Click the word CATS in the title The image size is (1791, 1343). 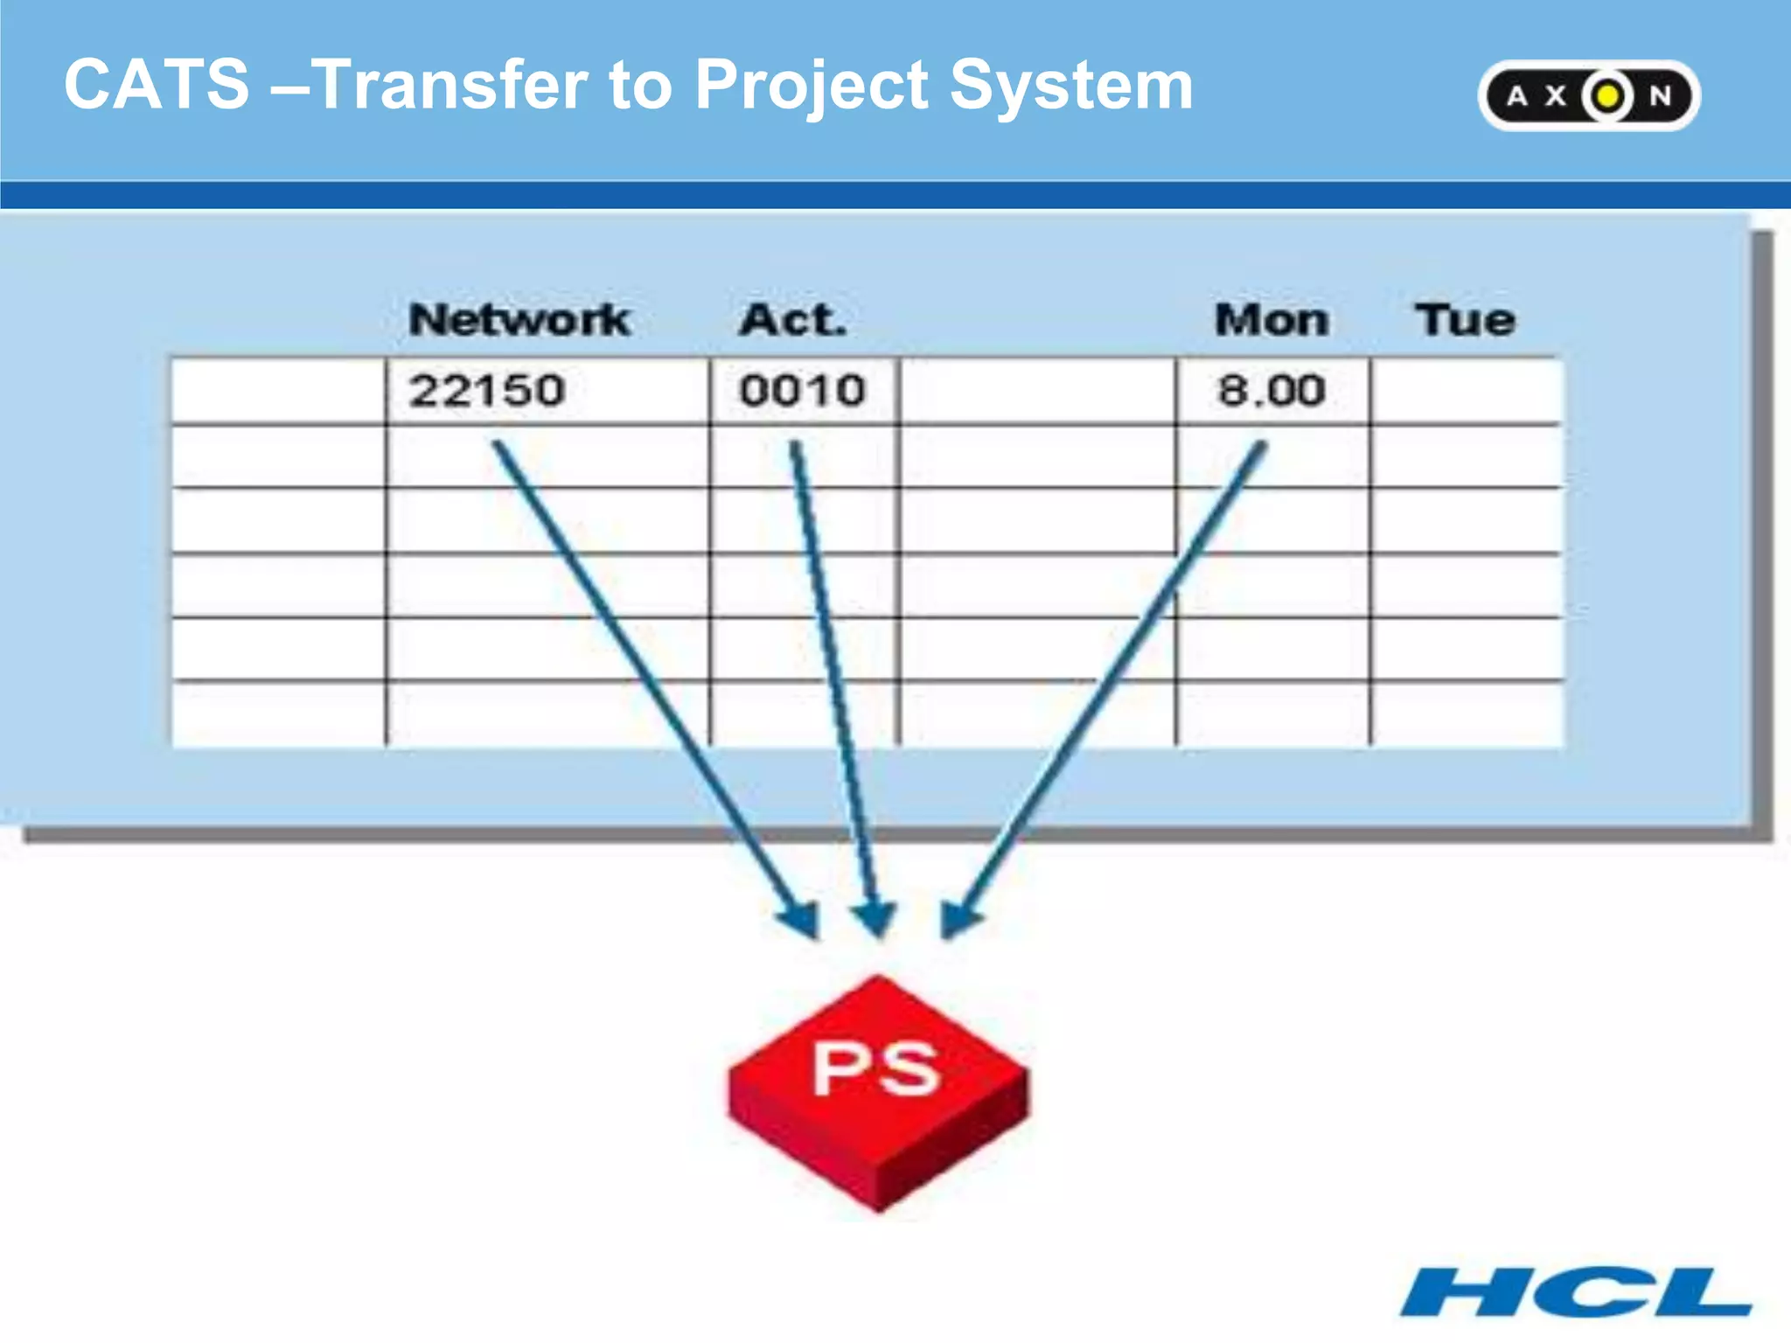[157, 84]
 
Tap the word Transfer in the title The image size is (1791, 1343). [449, 84]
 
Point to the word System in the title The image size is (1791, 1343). [1070, 86]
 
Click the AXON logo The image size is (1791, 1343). [1588, 95]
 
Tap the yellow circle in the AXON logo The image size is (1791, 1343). [1606, 95]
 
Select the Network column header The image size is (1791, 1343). [519, 319]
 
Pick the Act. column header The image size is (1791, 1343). [793, 319]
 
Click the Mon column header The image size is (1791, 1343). [1272, 319]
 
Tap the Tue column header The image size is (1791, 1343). [1465, 319]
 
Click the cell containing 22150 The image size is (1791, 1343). [547, 391]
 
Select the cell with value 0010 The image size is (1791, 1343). [803, 391]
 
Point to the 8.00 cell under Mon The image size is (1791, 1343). [1272, 391]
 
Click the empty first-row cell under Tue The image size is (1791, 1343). [1467, 391]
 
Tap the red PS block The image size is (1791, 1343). [878, 1093]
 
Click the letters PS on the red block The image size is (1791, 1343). [876, 1068]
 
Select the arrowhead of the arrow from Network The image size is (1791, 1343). [802, 920]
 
